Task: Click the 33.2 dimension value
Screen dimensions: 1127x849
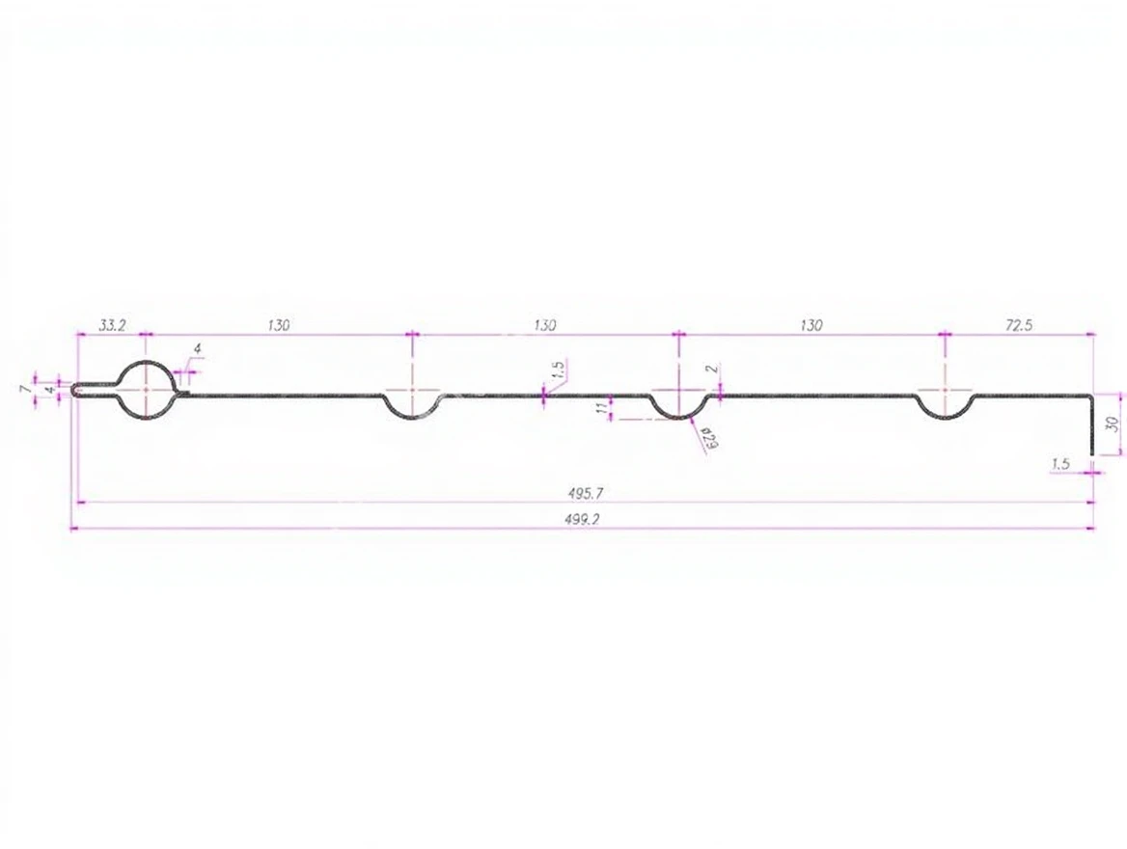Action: click(x=112, y=325)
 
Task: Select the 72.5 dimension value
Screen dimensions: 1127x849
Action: click(x=1019, y=325)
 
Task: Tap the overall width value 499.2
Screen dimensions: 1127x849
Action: click(x=587, y=520)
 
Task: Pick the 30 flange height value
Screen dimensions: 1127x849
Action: click(x=1113, y=424)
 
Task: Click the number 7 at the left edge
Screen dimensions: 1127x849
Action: click(x=27, y=389)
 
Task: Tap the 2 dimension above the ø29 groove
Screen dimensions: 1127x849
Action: click(x=711, y=369)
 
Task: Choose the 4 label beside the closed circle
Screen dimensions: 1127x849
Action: click(x=199, y=349)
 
